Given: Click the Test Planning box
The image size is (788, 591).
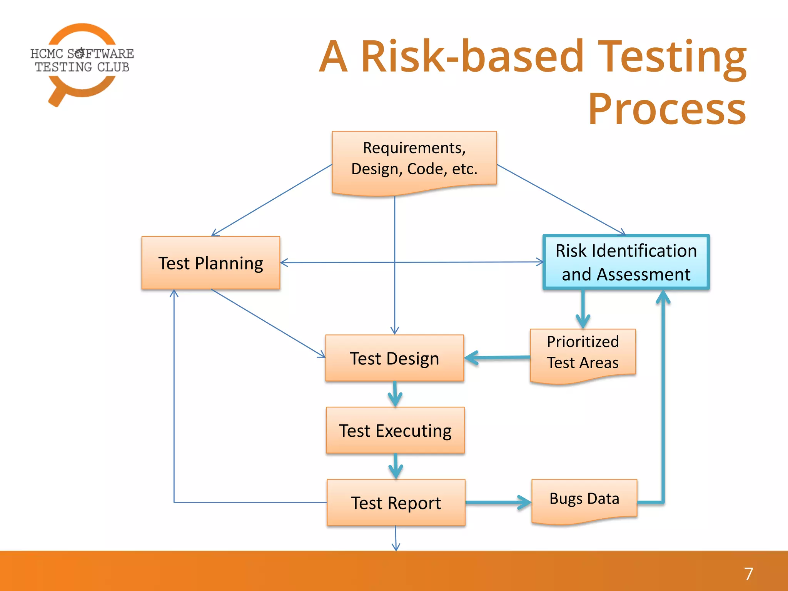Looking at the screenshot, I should (x=210, y=263).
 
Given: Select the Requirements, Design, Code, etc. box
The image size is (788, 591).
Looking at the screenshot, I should (x=414, y=160).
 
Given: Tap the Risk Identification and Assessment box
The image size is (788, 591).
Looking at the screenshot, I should (x=626, y=262).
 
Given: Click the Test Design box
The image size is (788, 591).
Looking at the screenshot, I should (x=394, y=358).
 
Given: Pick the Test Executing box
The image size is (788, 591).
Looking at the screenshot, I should (x=395, y=430).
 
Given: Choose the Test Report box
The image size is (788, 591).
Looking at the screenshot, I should (x=396, y=503).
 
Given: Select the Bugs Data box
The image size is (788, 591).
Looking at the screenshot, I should (x=584, y=499).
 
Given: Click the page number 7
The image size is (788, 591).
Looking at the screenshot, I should (x=748, y=574).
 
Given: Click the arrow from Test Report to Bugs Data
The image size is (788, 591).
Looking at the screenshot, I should (x=498, y=502).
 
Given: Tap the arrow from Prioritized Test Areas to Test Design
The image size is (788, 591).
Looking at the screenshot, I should (x=496, y=358).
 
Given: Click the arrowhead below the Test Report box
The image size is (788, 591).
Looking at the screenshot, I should (x=396, y=546).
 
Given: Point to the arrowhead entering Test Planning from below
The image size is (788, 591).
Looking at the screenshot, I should (x=174, y=294).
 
